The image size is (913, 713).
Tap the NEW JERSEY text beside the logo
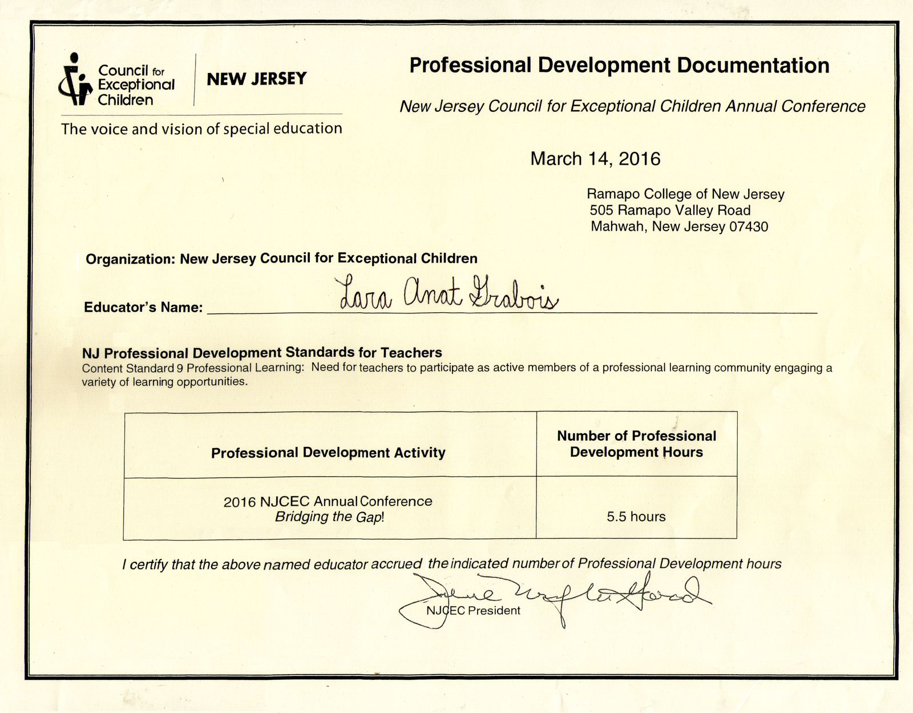click(x=256, y=79)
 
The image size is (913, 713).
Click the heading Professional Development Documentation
click(x=619, y=66)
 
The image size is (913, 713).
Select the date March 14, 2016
click(x=595, y=159)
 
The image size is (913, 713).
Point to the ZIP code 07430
click(x=749, y=227)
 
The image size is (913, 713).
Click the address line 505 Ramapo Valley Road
click(x=670, y=211)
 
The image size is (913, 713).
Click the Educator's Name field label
click(x=143, y=308)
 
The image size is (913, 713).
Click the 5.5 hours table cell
click(x=636, y=517)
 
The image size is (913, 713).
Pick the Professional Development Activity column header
click(x=328, y=453)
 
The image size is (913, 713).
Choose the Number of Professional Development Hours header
click(x=636, y=444)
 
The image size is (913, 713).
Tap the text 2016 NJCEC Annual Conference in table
click(x=328, y=502)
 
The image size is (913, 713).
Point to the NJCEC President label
click(x=473, y=611)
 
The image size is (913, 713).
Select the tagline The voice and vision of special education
click(x=201, y=129)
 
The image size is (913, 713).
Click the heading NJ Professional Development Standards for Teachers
click(x=262, y=353)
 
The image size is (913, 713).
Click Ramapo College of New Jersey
click(x=685, y=195)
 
